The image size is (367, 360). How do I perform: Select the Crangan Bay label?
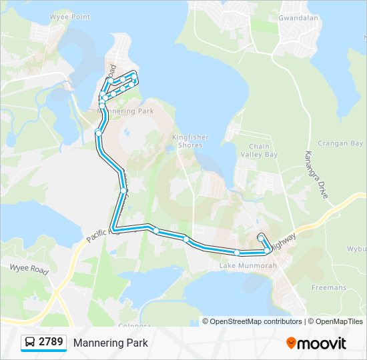click(x=340, y=143)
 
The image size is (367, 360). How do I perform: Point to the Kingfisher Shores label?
click(x=190, y=141)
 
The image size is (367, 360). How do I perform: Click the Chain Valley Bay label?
click(x=263, y=150)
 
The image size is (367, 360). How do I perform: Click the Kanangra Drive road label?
click(x=318, y=175)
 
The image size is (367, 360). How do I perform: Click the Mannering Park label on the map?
click(x=125, y=111)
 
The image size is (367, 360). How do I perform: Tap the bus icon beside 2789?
click(x=30, y=343)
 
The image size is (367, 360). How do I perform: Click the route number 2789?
click(x=51, y=343)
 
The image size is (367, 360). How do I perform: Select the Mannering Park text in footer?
click(x=111, y=343)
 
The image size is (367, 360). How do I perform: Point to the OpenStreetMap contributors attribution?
click(x=256, y=321)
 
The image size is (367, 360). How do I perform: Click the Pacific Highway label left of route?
click(x=103, y=233)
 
